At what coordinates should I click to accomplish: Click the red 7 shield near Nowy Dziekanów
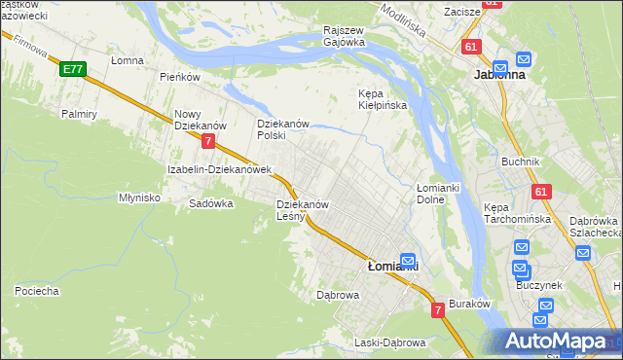click(209, 141)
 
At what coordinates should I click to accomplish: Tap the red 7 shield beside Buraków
click(438, 310)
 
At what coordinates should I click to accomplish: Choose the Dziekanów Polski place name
click(282, 130)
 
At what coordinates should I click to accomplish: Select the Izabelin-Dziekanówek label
click(218, 169)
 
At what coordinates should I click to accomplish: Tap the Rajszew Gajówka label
click(345, 36)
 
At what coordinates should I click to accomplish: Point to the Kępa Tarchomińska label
click(518, 213)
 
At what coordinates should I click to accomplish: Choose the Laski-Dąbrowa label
click(389, 343)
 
